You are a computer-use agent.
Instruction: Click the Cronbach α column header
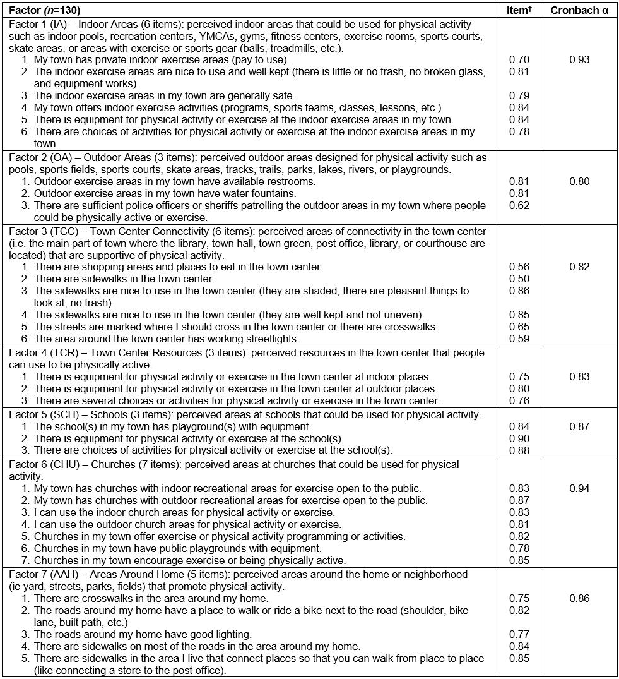point(579,11)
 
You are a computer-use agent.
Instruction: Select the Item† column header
point(519,11)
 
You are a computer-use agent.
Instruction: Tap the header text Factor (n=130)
point(45,11)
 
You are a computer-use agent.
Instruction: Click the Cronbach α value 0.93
point(579,60)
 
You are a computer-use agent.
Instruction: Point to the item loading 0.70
point(519,60)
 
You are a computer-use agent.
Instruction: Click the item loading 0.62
point(519,205)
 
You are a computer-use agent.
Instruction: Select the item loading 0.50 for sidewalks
point(519,279)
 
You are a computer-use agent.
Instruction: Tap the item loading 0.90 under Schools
point(519,438)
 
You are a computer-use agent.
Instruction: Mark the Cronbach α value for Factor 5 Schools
point(579,426)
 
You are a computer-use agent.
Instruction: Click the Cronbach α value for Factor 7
point(579,598)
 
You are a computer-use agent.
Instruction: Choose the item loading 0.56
point(519,267)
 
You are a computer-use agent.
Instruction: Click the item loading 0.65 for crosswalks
point(519,327)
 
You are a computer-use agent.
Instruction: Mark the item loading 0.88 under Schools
point(519,450)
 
